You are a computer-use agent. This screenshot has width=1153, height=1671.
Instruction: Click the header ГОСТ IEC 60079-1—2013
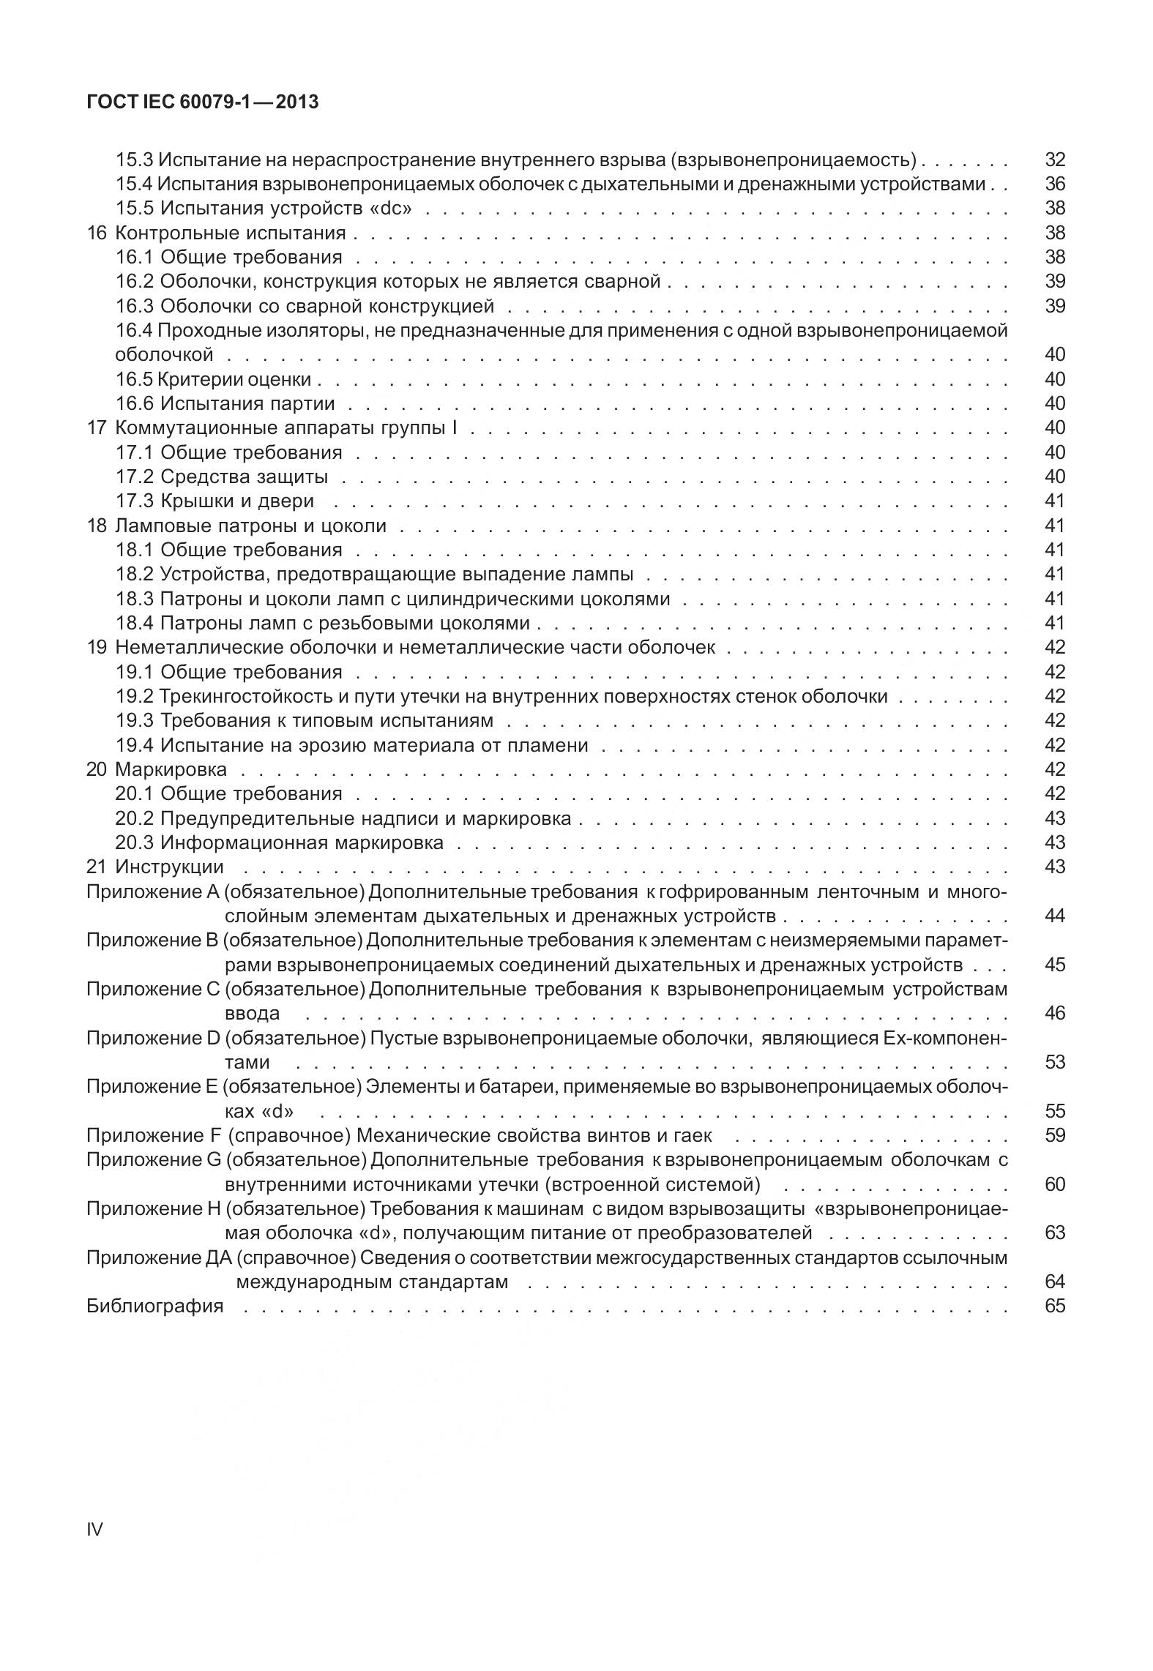coord(202,102)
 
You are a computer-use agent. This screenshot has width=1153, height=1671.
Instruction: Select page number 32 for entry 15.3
coord(1054,160)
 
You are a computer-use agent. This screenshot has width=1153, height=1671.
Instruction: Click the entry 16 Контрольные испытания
coord(216,233)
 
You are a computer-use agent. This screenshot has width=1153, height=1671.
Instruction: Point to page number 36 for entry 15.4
coord(1054,184)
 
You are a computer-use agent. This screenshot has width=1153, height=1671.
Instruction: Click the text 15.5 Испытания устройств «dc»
coord(264,209)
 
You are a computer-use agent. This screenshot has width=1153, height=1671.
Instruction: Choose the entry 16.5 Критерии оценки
coord(214,379)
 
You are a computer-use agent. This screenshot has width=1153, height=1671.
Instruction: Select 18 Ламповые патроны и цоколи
coord(236,526)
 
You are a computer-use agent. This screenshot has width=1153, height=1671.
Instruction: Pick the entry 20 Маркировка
coord(157,769)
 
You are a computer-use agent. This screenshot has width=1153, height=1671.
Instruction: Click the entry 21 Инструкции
coord(154,867)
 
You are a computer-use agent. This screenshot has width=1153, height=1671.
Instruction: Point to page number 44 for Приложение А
coord(1054,916)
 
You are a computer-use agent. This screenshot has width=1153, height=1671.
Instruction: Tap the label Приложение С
coord(153,989)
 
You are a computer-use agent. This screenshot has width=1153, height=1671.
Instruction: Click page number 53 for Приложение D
coord(1054,1062)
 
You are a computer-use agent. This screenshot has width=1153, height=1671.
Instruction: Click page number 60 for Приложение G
coord(1054,1184)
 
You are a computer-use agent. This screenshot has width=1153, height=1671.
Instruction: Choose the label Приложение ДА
coord(159,1257)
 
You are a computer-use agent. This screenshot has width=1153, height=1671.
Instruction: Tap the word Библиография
coord(154,1306)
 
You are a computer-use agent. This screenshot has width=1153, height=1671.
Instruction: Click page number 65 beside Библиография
coord(1054,1306)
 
